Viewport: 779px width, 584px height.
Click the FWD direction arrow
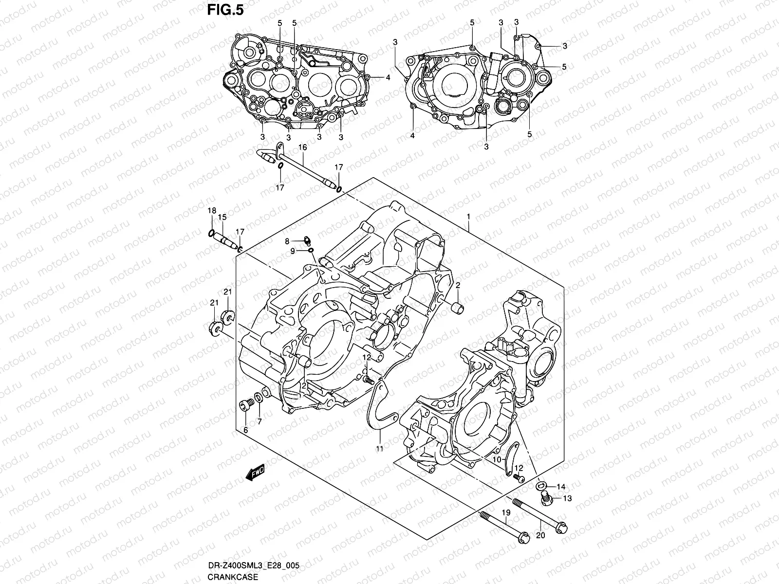255,472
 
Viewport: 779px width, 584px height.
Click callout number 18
211,210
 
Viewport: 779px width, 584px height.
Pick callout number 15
222,217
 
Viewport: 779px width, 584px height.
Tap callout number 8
287,241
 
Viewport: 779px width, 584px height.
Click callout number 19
506,512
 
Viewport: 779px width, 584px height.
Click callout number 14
561,486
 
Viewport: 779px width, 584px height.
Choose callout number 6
245,430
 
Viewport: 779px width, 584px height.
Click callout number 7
260,421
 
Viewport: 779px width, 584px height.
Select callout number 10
497,459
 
